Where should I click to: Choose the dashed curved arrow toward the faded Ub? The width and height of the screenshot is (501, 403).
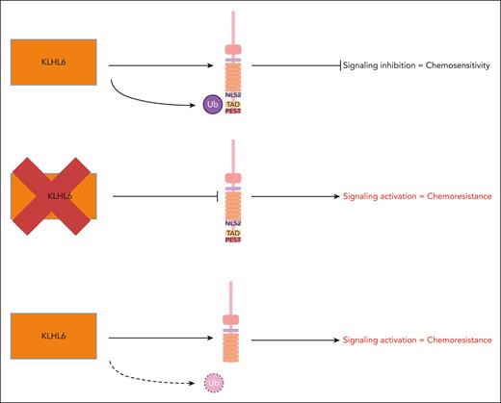click(145, 370)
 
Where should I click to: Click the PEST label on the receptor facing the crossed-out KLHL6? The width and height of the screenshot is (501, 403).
click(232, 239)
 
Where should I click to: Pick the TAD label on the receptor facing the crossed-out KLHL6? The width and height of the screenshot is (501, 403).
click(232, 232)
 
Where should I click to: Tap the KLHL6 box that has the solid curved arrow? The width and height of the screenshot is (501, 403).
click(52, 66)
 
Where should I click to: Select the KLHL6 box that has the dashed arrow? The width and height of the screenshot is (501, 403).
click(52, 340)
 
